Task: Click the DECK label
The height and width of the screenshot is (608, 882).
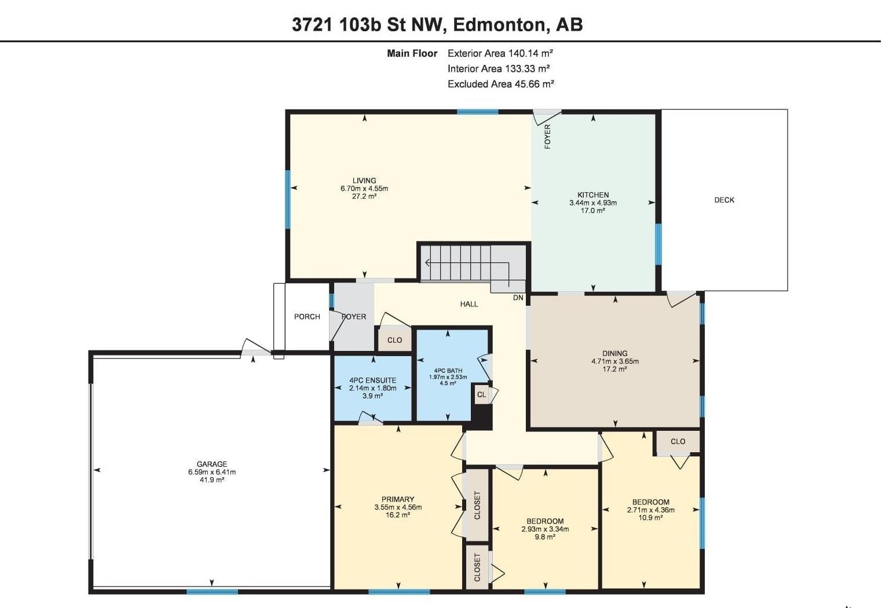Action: point(724,200)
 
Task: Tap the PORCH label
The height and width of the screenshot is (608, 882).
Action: point(307,317)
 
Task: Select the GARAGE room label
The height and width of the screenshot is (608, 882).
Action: point(212,464)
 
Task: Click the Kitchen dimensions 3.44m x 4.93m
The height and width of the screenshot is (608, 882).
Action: point(593,203)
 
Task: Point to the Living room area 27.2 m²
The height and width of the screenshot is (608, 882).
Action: point(364,196)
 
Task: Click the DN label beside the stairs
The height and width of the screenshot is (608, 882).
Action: point(518,298)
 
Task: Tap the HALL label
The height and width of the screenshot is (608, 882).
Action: point(469,304)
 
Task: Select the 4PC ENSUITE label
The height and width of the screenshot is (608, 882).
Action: point(372,380)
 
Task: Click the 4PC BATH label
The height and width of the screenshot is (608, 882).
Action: point(448,371)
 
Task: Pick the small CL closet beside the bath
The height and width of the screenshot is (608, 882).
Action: point(481,394)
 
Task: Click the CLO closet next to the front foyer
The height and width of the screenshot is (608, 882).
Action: point(394,340)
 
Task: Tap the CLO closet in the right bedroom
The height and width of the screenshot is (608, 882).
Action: point(678,441)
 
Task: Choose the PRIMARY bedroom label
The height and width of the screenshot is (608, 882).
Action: point(398,499)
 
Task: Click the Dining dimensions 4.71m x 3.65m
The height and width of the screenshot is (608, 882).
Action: point(615,361)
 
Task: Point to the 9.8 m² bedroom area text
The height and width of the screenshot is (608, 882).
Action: point(545,537)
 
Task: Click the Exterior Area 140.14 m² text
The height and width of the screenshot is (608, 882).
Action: point(500,53)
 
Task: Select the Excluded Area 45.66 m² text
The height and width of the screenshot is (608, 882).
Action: point(501,84)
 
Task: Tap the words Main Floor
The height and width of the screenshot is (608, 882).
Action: point(412,53)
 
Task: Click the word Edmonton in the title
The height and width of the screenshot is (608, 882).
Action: point(499,24)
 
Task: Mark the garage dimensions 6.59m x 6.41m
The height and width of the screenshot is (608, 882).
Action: point(212,472)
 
